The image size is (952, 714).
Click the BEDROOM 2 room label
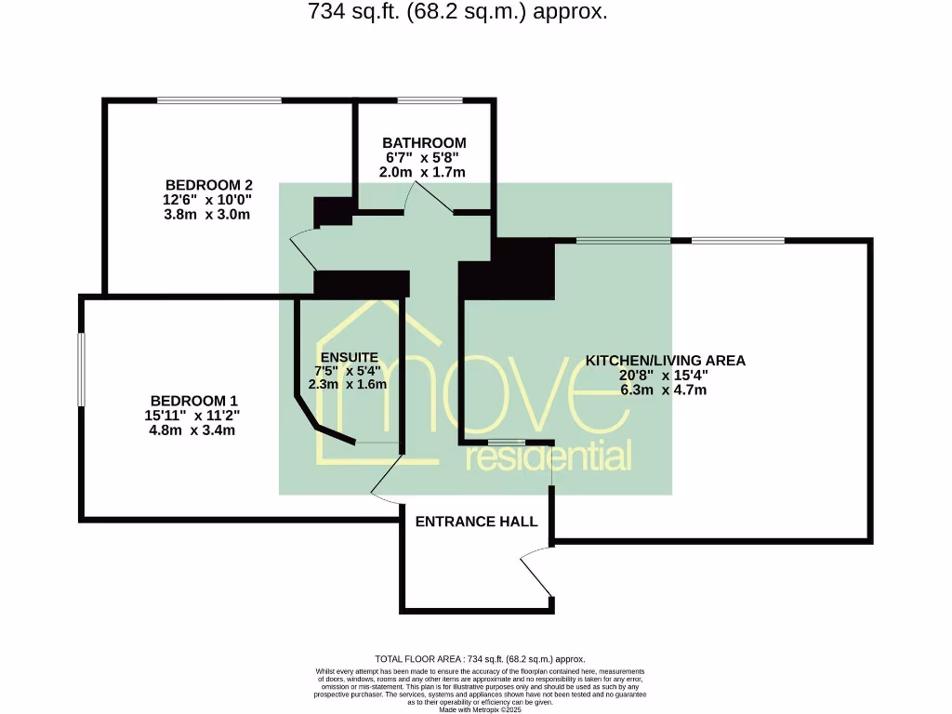209,184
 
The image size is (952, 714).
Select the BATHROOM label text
424,143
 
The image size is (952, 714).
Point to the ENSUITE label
349,357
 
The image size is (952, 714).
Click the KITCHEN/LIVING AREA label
665,361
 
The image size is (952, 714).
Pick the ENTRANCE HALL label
476,522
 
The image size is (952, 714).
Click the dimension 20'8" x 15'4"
665,376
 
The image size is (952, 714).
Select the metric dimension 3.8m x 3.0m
209,214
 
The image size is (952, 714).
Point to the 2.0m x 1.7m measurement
422,172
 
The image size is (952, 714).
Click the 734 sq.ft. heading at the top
456,12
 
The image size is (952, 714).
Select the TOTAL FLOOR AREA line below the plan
479,658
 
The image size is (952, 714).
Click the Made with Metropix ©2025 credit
480,709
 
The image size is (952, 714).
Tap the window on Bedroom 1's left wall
81,369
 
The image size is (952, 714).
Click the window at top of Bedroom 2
219,100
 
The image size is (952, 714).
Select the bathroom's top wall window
429,100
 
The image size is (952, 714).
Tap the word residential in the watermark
549,456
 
